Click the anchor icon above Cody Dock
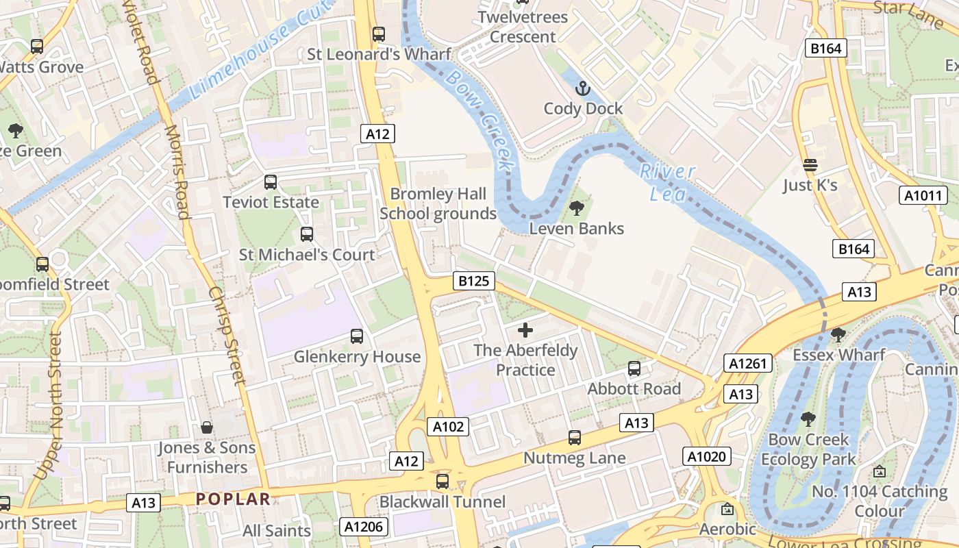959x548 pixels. pyautogui.click(x=582, y=88)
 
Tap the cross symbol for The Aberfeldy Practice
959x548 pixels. pyautogui.click(x=525, y=331)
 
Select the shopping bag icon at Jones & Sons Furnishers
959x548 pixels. pyautogui.click(x=207, y=427)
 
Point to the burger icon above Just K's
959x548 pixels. pyautogui.click(x=810, y=165)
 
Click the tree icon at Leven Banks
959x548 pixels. pyautogui.click(x=577, y=208)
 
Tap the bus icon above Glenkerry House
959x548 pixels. pyautogui.click(x=357, y=336)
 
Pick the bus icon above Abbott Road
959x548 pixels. pyautogui.click(x=634, y=369)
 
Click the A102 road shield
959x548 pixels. pyautogui.click(x=449, y=427)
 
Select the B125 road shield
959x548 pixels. pyautogui.click(x=473, y=281)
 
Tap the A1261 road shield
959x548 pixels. pyautogui.click(x=747, y=363)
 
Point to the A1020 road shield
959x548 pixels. pyautogui.click(x=706, y=456)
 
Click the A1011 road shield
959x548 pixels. pyautogui.click(x=923, y=196)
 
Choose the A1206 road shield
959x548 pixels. pyautogui.click(x=364, y=527)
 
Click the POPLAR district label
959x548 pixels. pyautogui.click(x=233, y=499)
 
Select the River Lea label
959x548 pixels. pyautogui.click(x=667, y=182)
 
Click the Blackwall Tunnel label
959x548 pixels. pyautogui.click(x=443, y=502)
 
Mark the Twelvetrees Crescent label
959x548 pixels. pyautogui.click(x=523, y=27)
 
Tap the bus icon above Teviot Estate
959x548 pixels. pyautogui.click(x=271, y=182)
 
